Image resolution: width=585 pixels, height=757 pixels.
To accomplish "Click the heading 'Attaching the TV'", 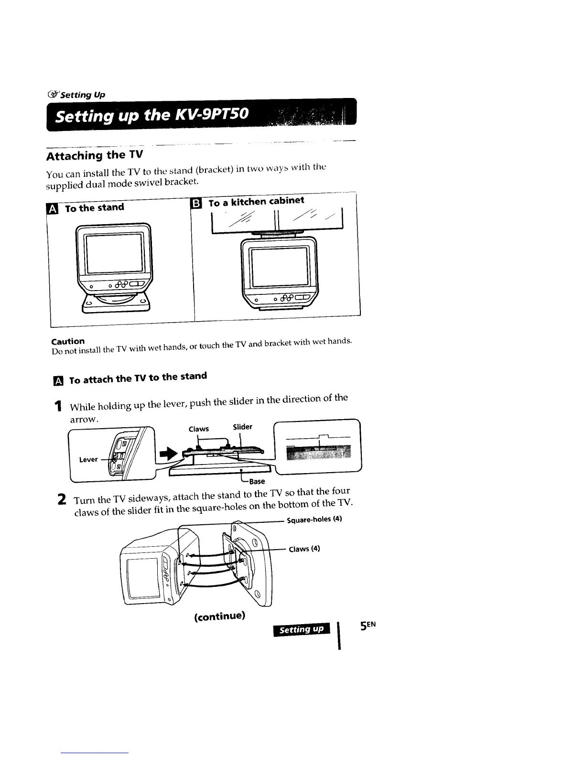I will [94, 155].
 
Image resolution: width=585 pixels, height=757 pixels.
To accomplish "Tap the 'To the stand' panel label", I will [94, 208].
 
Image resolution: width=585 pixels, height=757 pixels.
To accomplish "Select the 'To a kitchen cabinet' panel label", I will [256, 202].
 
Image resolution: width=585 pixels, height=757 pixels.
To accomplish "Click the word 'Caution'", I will [68, 341].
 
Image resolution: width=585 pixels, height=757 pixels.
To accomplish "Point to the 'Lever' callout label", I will [88, 459].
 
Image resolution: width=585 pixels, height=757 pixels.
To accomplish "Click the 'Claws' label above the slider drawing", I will [198, 429].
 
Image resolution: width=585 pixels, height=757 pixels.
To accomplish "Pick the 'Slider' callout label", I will [242, 427].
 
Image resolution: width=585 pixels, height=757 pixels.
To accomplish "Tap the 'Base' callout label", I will [257, 481].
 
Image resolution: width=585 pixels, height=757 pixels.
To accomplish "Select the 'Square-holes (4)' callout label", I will [314, 519].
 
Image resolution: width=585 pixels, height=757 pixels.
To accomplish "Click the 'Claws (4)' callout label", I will [304, 549].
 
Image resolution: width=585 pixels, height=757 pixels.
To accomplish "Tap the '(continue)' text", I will [220, 616].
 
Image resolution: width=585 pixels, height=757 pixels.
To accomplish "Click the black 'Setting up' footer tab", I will [301, 629].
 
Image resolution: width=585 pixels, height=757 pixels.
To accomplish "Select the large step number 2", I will [61, 500].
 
